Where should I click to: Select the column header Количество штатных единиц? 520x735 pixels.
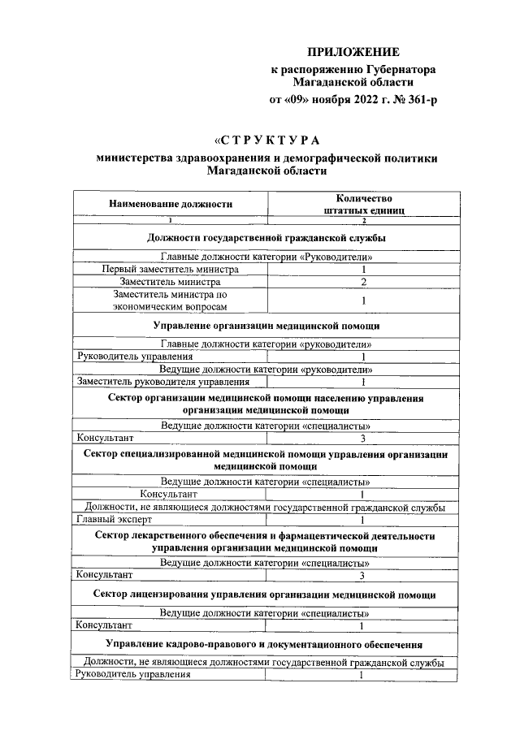click(x=364, y=204)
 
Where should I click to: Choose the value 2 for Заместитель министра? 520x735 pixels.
click(x=364, y=282)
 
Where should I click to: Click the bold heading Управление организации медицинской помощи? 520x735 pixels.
click(x=266, y=326)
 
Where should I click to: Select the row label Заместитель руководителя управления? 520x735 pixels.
click(x=162, y=381)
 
